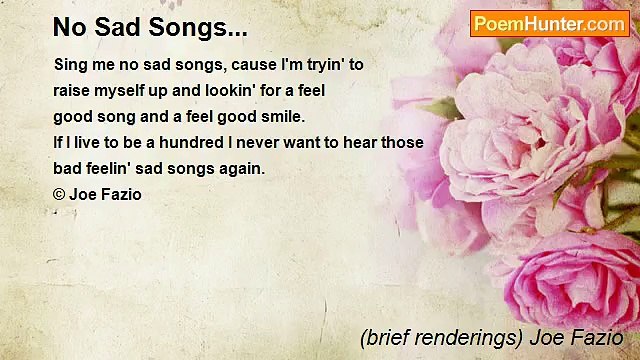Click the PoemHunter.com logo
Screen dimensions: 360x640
coord(549,23)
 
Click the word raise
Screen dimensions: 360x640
coord(73,90)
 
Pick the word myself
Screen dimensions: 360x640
coord(126,90)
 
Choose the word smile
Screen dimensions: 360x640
coord(282,116)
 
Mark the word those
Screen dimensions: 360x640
coord(404,142)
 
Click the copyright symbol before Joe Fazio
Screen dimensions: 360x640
coord(59,195)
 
